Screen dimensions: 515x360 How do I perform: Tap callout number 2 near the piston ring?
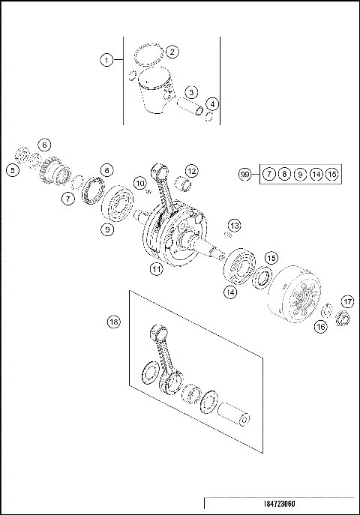tap(172, 52)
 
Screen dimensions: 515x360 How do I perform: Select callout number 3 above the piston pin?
tap(192, 92)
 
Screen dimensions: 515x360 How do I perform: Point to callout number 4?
tap(214, 103)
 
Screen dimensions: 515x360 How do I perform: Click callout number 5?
tap(13, 170)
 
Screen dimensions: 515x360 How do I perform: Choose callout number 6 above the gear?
tap(44, 144)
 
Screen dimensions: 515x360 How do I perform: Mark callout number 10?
tap(139, 182)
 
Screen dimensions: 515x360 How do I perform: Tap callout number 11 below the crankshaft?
tap(155, 268)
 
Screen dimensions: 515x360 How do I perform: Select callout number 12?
tap(192, 171)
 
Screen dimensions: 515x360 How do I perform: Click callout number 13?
tap(235, 226)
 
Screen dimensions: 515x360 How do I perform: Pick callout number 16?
tap(320, 326)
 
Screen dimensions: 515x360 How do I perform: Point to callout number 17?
tap(346, 301)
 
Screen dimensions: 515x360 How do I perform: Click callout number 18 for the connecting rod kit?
tap(113, 322)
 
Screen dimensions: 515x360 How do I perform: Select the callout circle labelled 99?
tap(244, 174)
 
